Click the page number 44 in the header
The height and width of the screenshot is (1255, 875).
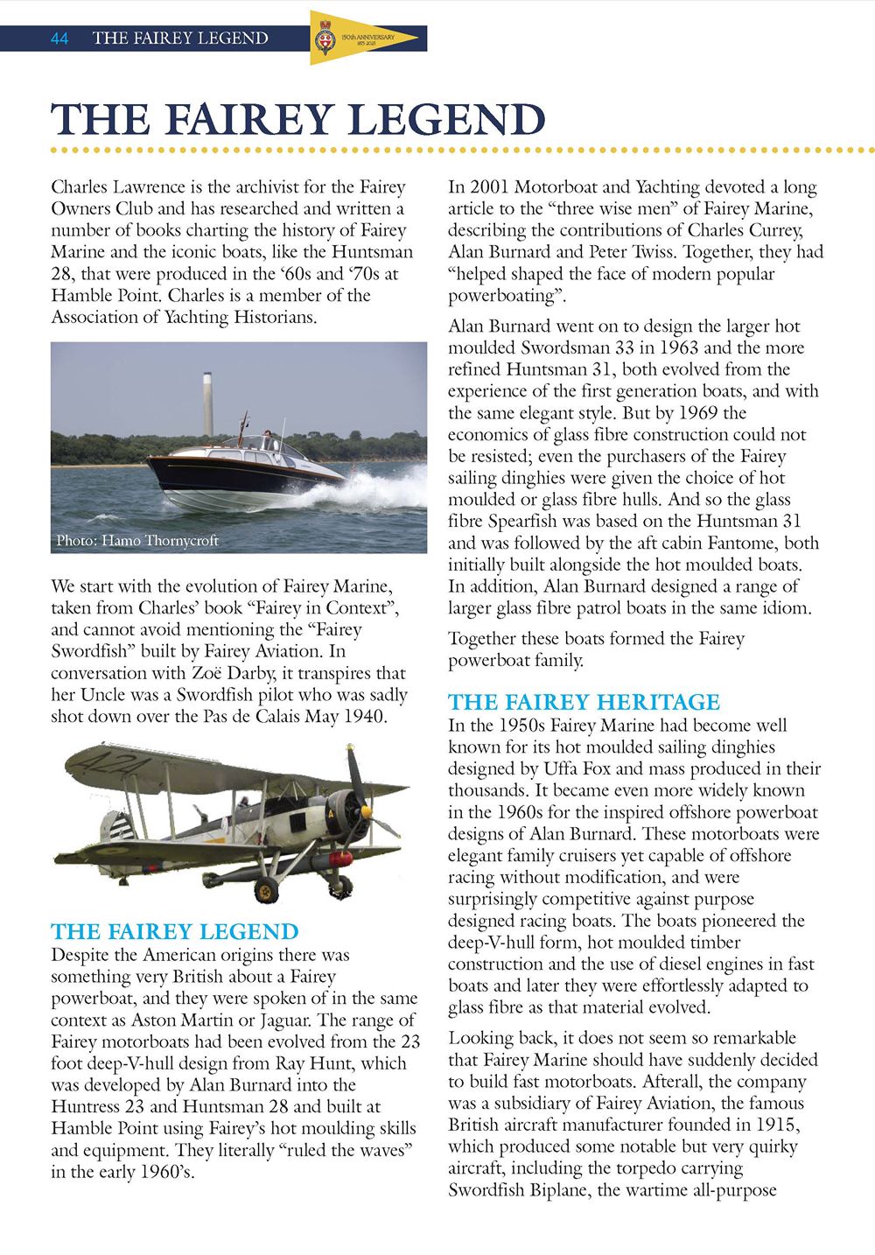point(59,39)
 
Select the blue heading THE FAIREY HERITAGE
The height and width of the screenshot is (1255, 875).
point(584,703)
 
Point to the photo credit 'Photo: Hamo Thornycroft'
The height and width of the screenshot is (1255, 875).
point(137,541)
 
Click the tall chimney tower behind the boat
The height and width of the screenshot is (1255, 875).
point(208,403)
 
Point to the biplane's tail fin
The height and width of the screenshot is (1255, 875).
point(115,827)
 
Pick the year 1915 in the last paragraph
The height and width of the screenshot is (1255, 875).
point(774,1125)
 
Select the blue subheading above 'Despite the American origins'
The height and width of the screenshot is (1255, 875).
point(175,932)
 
